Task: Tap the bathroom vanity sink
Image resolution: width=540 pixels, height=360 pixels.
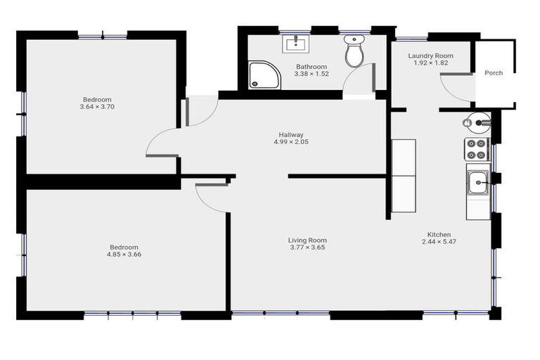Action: (x=296, y=44)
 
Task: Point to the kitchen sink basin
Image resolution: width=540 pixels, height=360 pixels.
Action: (x=479, y=183)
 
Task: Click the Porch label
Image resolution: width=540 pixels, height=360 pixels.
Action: (x=494, y=73)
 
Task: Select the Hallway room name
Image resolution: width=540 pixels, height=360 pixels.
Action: (x=290, y=134)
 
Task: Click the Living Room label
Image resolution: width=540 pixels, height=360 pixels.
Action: (x=308, y=240)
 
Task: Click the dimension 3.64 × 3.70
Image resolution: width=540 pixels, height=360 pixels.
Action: (x=97, y=107)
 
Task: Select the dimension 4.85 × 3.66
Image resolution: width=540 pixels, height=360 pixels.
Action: (x=124, y=254)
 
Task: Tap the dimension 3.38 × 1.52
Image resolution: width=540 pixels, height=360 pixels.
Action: (x=311, y=74)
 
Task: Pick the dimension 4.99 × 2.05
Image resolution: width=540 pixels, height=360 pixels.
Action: (x=290, y=141)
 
